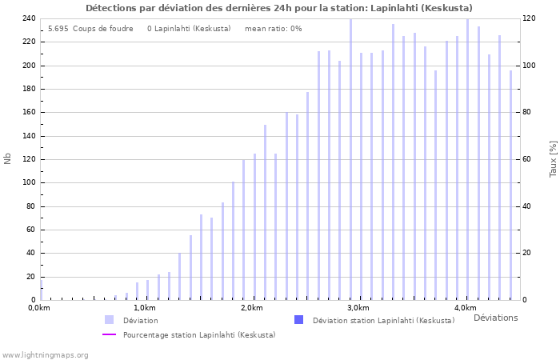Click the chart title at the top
pos(279,8)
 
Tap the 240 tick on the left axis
pos(28,18)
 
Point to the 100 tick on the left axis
pos(28,182)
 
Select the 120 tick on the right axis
pos(529,18)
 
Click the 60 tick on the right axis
pos(527,159)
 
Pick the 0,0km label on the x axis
pos(39,308)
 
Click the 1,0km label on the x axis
pos(145,308)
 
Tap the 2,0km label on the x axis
pos(251,308)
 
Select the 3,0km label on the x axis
pos(358,308)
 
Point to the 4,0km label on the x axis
pos(465,308)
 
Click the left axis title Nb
pos(8,158)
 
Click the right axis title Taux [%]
pos(553,158)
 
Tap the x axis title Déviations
pos(495,318)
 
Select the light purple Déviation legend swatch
pos(109,320)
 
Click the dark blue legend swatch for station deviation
pos(298,320)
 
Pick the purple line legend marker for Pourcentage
pos(109,334)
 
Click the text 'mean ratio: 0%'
pos(273,29)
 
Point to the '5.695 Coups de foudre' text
pos(90,29)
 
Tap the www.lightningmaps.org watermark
pos(45,354)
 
